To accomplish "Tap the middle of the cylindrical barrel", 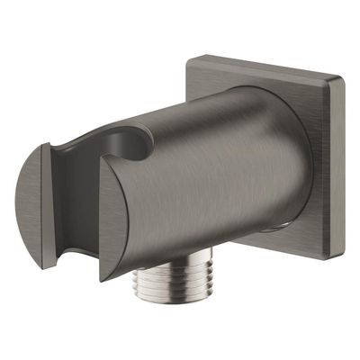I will coord(216,171).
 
